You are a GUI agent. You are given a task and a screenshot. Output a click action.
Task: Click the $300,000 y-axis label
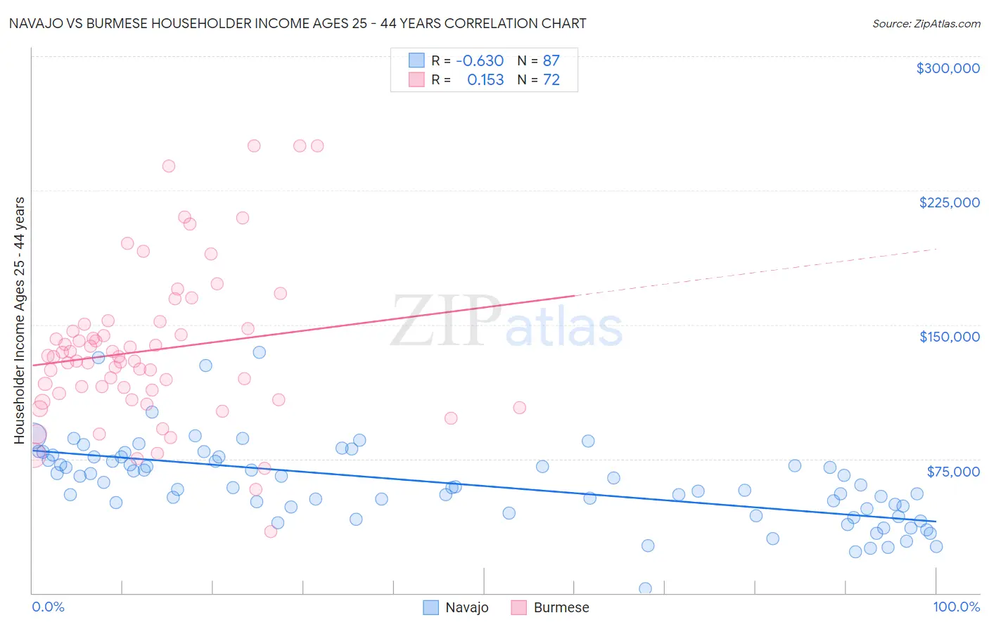click(947, 68)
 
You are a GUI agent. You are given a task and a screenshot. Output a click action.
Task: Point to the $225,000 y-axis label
click(949, 202)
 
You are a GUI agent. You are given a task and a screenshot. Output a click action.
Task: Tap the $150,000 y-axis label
click(949, 337)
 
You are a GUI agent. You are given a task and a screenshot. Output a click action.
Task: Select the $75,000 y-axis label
click(952, 472)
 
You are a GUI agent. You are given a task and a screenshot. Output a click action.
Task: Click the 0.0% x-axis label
click(48, 607)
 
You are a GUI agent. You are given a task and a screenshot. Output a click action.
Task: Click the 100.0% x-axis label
click(956, 607)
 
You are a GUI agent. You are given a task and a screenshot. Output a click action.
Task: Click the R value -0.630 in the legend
click(480, 60)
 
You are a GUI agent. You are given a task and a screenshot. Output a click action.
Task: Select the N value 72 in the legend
click(551, 79)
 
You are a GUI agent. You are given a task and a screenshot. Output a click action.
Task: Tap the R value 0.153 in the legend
click(485, 79)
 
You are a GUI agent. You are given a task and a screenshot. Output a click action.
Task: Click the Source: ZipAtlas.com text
click(926, 23)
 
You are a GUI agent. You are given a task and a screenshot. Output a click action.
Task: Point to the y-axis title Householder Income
click(19, 320)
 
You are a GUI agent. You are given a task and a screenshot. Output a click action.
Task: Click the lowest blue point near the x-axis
click(645, 588)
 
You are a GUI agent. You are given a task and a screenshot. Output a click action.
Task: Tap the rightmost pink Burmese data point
click(519, 408)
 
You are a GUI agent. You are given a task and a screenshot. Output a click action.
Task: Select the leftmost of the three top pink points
click(254, 146)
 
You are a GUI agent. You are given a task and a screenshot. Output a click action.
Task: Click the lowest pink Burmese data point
click(270, 531)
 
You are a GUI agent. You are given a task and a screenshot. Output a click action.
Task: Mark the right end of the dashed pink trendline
click(937, 249)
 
